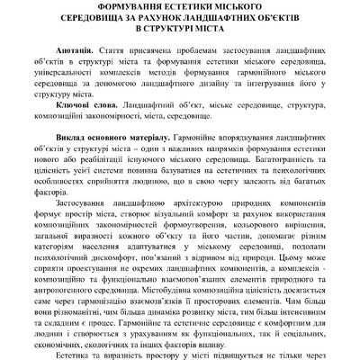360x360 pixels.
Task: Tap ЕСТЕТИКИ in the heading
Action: pyautogui.click(x=187, y=7)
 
